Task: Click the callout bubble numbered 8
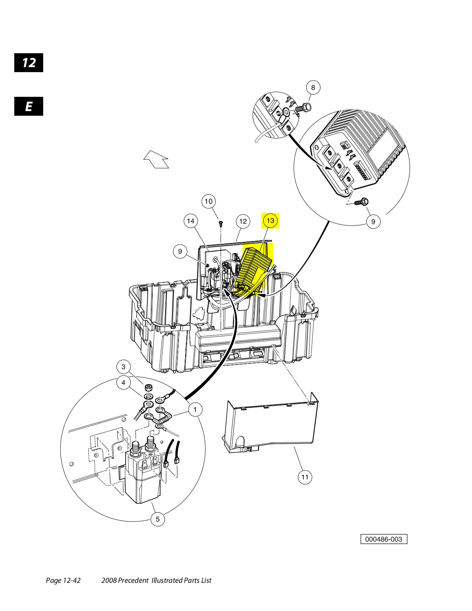[x=313, y=88]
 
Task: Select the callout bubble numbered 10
[x=209, y=201]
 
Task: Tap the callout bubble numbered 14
[x=190, y=221]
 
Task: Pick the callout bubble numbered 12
[x=243, y=221]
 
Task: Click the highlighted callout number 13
[x=270, y=221]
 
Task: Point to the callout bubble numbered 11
[x=305, y=477]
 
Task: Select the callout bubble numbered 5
[x=157, y=519]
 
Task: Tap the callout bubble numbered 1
[x=195, y=409]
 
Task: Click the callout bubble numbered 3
[x=123, y=366]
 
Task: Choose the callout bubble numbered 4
[x=123, y=383]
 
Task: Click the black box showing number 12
[x=29, y=63]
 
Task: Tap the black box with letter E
[x=29, y=106]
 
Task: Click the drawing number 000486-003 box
[x=384, y=539]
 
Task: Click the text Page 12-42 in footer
[x=63, y=580]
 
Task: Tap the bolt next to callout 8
[x=304, y=108]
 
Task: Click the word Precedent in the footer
[x=133, y=580]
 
